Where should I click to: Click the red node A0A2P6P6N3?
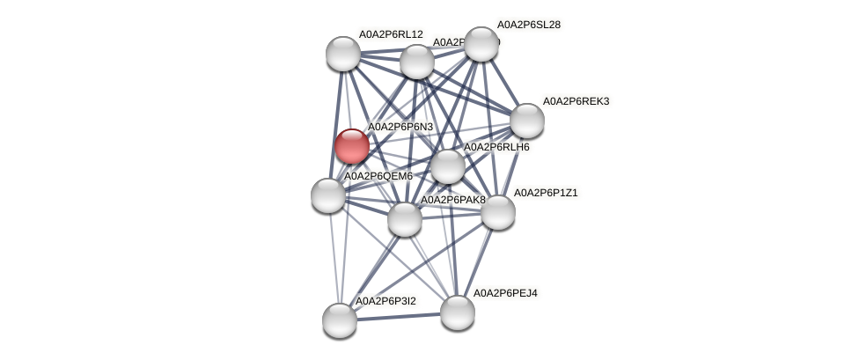(x=352, y=146)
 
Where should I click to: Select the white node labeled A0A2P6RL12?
(x=343, y=54)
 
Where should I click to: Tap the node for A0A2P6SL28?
(x=481, y=44)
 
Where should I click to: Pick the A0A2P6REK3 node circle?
(x=527, y=121)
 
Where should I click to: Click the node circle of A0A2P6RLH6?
(x=447, y=166)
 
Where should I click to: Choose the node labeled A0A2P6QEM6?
(x=328, y=195)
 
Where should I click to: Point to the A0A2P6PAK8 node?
(x=405, y=219)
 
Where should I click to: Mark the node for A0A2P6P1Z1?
(x=497, y=212)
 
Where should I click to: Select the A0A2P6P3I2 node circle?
(x=340, y=320)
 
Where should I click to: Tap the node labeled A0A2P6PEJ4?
(x=458, y=312)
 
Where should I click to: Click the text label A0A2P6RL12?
(x=391, y=34)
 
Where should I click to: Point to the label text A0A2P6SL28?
(x=528, y=25)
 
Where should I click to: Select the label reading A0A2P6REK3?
(x=576, y=101)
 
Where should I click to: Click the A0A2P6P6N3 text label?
(x=400, y=127)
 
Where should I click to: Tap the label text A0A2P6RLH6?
(x=496, y=147)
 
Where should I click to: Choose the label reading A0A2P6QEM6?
(x=378, y=176)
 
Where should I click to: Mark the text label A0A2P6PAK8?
(x=453, y=200)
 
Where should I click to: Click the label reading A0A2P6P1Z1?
(x=546, y=193)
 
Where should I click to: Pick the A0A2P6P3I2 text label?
(x=385, y=301)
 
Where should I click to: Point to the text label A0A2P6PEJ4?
(x=505, y=293)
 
